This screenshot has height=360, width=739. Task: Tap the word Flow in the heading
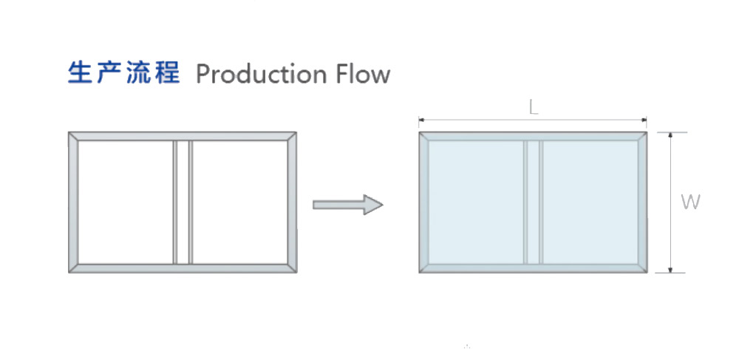pyautogui.click(x=361, y=74)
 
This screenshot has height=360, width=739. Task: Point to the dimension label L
pyautogui.click(x=533, y=107)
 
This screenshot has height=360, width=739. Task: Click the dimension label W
pyautogui.click(x=690, y=202)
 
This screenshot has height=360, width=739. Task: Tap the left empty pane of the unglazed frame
pyautogui.click(x=125, y=202)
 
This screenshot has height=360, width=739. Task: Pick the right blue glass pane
pyautogui.click(x=590, y=202)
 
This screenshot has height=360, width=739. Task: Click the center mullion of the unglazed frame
pyautogui.click(x=183, y=202)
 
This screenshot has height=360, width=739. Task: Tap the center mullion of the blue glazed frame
pyautogui.click(x=533, y=202)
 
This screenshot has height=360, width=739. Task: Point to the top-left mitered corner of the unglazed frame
pyautogui.click(x=73, y=137)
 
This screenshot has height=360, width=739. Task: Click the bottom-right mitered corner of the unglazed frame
pyautogui.click(x=291, y=268)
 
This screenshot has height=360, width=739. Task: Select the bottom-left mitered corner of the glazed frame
pyautogui.click(x=424, y=268)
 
